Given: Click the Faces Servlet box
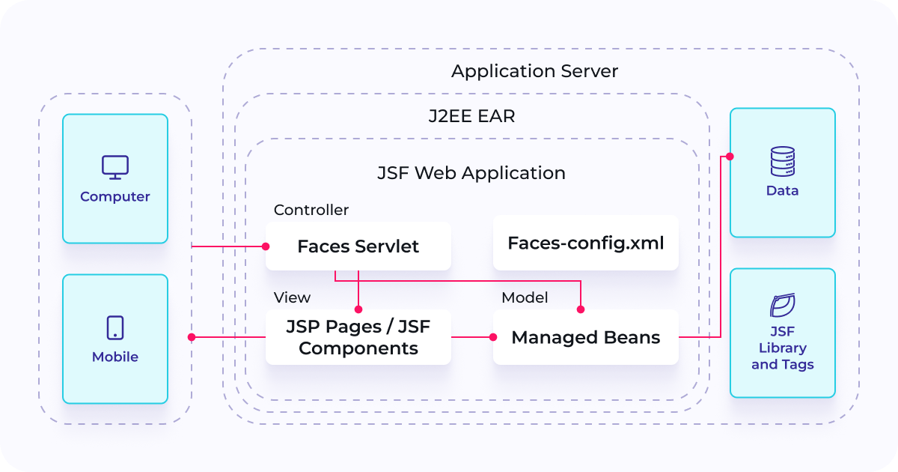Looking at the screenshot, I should pyautogui.click(x=358, y=246).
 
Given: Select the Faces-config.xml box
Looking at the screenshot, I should pyautogui.click(x=585, y=243).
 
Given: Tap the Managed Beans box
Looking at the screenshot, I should pyautogui.click(x=585, y=337).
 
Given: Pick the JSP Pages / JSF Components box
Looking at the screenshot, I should pyautogui.click(x=358, y=337).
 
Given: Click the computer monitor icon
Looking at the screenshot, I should pyautogui.click(x=115, y=167).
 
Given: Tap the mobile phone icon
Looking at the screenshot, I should pyautogui.click(x=115, y=327).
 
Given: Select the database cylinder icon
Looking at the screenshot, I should pyautogui.click(x=782, y=161).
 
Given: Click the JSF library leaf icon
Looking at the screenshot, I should pyautogui.click(x=782, y=306).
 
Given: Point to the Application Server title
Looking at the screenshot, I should pyautogui.click(x=534, y=72).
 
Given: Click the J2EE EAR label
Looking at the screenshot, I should pyautogui.click(x=471, y=117).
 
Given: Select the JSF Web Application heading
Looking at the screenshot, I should pyautogui.click(x=471, y=173).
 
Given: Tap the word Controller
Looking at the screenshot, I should pyautogui.click(x=311, y=211).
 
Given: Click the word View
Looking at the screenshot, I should pyautogui.click(x=292, y=297).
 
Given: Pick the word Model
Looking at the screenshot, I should pyautogui.click(x=525, y=297).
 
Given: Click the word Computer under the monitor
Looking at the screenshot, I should pyautogui.click(x=115, y=197).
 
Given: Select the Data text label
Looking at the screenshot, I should pyautogui.click(x=782, y=191).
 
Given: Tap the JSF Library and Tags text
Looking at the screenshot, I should pyautogui.click(x=782, y=348).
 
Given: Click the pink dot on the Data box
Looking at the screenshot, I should pyautogui.click(x=730, y=157).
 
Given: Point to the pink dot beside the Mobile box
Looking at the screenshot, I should pyautogui.click(x=192, y=337).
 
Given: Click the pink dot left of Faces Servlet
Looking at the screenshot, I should pyautogui.click(x=265, y=246).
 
